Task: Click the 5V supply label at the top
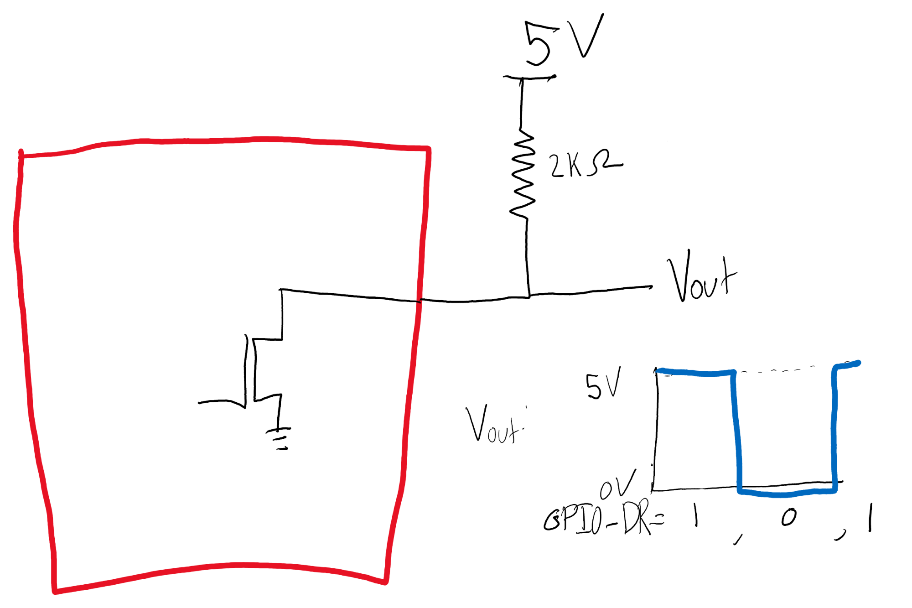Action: coord(564,40)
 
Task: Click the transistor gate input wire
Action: coord(221,402)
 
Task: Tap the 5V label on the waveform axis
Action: coord(603,384)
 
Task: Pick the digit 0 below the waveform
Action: coord(788,517)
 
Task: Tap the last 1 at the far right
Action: coord(870,517)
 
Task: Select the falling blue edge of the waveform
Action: coord(736,431)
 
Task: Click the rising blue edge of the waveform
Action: coord(834,429)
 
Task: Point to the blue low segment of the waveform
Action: coord(787,493)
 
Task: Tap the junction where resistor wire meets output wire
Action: coord(529,296)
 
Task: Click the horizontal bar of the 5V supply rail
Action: coord(529,78)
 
